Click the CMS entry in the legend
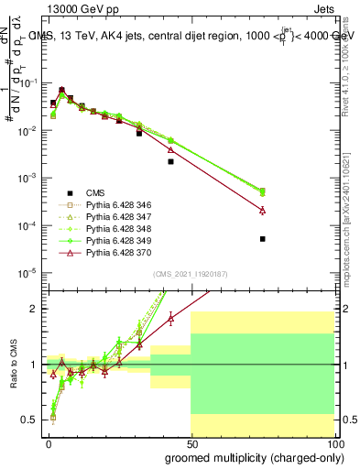(95, 193)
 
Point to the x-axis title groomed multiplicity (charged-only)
(250, 456)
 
